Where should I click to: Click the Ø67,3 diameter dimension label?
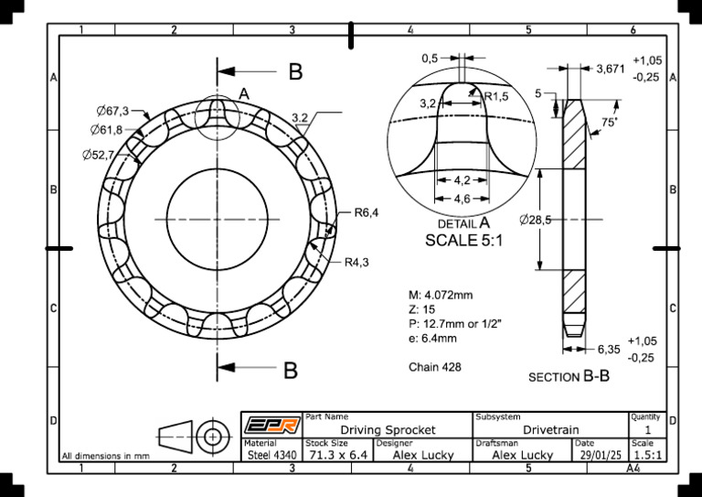[x=112, y=111]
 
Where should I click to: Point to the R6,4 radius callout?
[x=366, y=212]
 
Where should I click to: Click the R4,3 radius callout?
[x=356, y=263]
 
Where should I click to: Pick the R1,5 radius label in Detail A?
[x=496, y=96]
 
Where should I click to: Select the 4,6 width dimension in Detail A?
[x=463, y=199]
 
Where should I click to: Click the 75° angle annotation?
[x=609, y=122]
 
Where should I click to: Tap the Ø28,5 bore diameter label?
[x=535, y=220]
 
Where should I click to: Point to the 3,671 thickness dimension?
[x=610, y=69]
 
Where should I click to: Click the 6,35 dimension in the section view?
[x=609, y=349]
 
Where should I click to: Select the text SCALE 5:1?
[x=464, y=240]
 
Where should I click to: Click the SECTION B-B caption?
[x=569, y=376]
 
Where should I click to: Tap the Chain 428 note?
[x=434, y=367]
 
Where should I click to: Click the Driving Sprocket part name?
[x=388, y=429]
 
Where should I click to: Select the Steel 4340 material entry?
[x=271, y=454]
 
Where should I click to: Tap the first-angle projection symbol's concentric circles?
[x=214, y=437]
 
